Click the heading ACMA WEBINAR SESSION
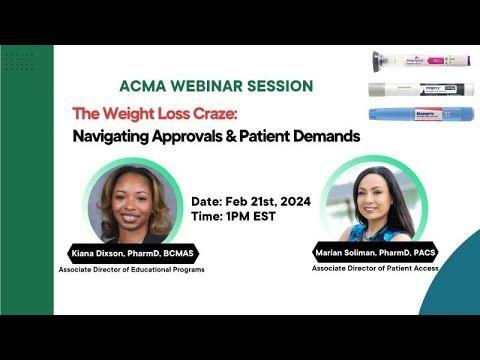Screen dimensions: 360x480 (x=215, y=86)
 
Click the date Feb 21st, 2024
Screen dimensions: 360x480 (x=267, y=201)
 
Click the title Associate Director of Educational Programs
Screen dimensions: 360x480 (x=132, y=270)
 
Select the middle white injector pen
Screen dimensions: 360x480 (x=411, y=89)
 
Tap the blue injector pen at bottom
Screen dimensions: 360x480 (x=411, y=116)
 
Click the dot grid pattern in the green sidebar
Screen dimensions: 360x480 (x=18, y=60)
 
